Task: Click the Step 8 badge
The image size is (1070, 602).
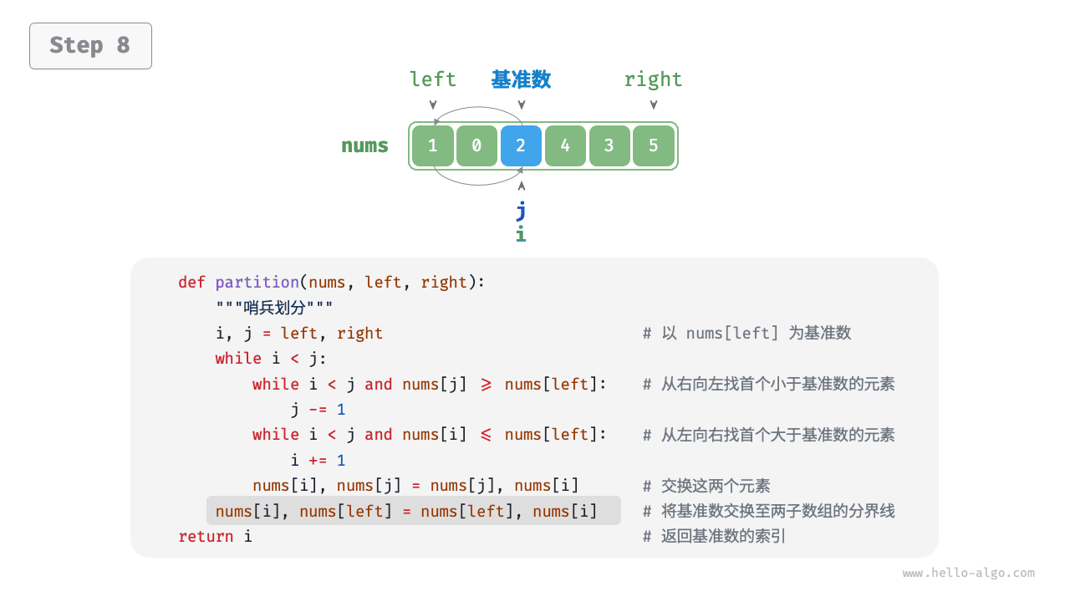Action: pyautogui.click(x=91, y=46)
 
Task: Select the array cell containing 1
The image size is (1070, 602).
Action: pyautogui.click(x=433, y=145)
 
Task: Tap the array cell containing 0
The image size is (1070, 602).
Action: pyautogui.click(x=476, y=145)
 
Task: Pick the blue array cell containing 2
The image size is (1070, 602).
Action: pyautogui.click(x=521, y=145)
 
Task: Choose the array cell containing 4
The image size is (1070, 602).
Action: pyautogui.click(x=565, y=145)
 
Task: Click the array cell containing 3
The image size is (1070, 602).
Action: pyautogui.click(x=609, y=145)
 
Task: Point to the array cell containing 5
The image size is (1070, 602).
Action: pyautogui.click(x=654, y=145)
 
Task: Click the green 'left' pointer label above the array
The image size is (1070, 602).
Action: pyautogui.click(x=433, y=79)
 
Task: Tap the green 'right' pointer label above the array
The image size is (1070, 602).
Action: pyautogui.click(x=653, y=80)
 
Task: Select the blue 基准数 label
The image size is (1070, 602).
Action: pyautogui.click(x=521, y=79)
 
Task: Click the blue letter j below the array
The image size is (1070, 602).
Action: pyautogui.click(x=521, y=211)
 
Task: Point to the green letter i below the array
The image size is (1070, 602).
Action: pyautogui.click(x=521, y=234)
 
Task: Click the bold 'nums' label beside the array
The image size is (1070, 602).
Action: pyautogui.click(x=364, y=145)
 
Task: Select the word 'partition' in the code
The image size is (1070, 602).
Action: pyautogui.click(x=257, y=283)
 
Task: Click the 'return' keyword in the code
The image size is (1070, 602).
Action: pyautogui.click(x=206, y=537)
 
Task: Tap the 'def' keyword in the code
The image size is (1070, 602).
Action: pyautogui.click(x=191, y=283)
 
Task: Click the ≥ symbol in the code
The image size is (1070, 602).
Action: pyautogui.click(x=486, y=385)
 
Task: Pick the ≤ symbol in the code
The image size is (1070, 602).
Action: pyautogui.click(x=486, y=435)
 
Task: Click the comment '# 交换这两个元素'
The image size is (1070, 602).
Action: pyautogui.click(x=706, y=486)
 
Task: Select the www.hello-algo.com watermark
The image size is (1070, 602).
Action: pyautogui.click(x=968, y=573)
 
